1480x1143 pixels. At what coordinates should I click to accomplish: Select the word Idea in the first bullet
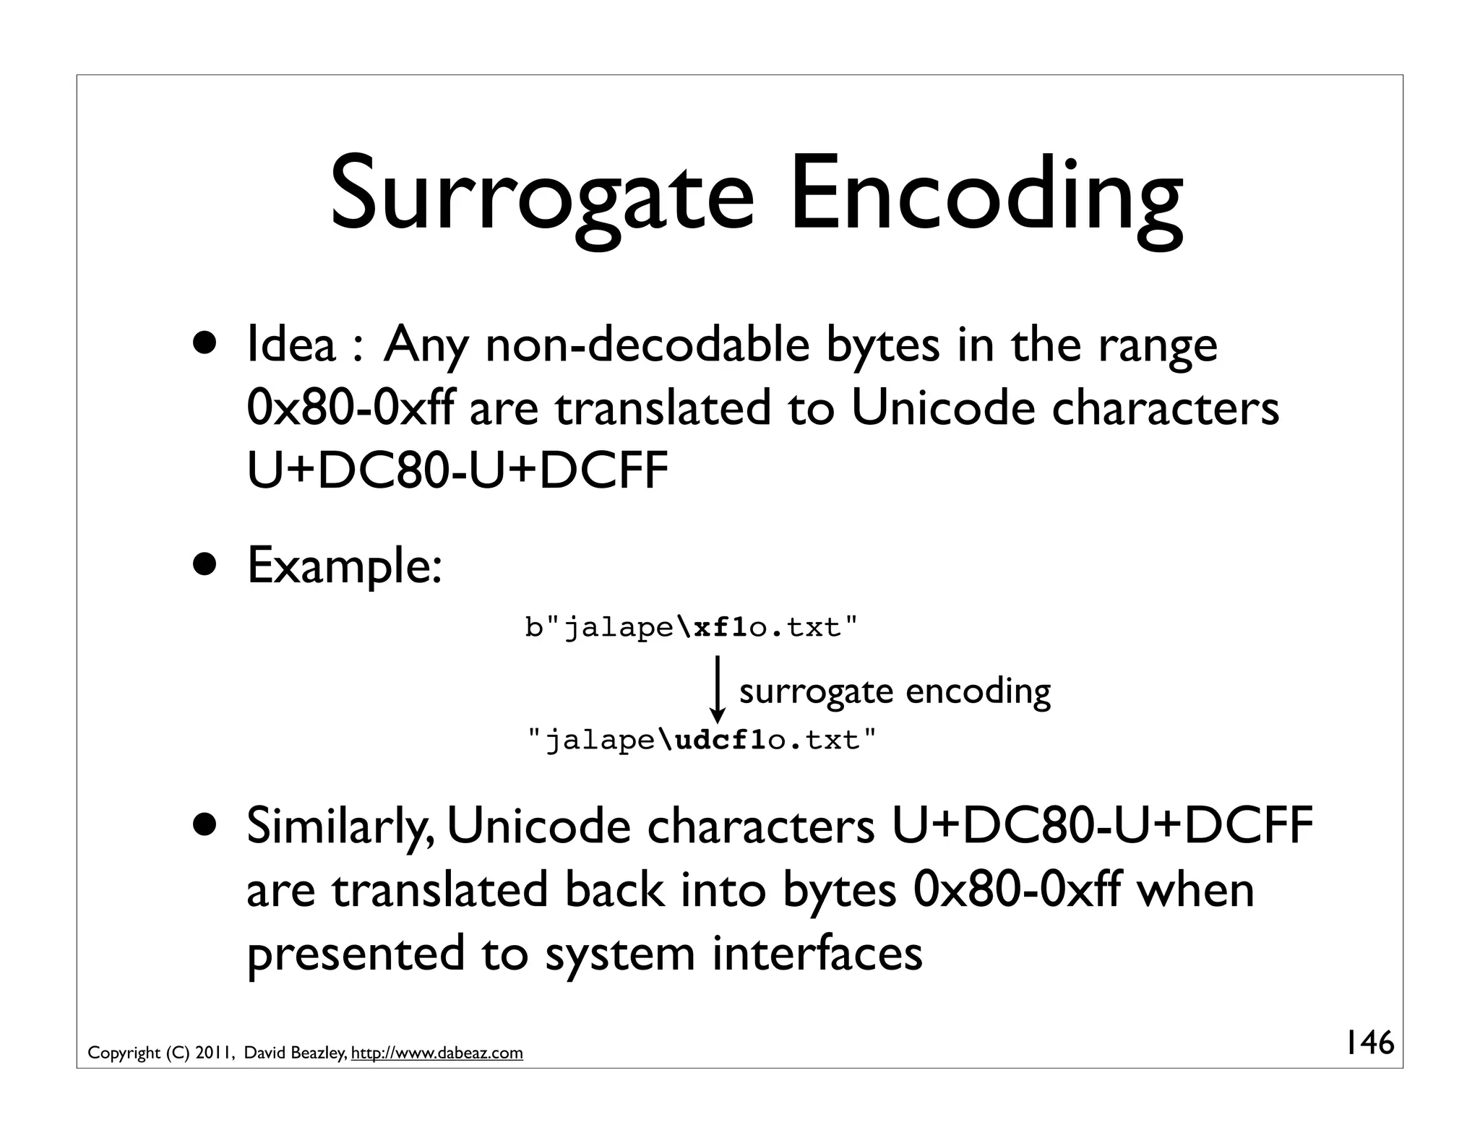click(x=291, y=345)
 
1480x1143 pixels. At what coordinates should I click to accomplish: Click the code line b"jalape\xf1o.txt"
click(x=692, y=628)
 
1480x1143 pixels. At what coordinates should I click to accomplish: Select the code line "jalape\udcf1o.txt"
click(x=702, y=741)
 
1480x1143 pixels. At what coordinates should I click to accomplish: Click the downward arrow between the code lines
click(x=717, y=689)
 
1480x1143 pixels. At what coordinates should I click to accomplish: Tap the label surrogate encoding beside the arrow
click(x=895, y=691)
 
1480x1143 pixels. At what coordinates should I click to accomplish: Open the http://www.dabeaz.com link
click(x=436, y=1053)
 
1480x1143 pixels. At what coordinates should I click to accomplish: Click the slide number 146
click(x=1369, y=1043)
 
